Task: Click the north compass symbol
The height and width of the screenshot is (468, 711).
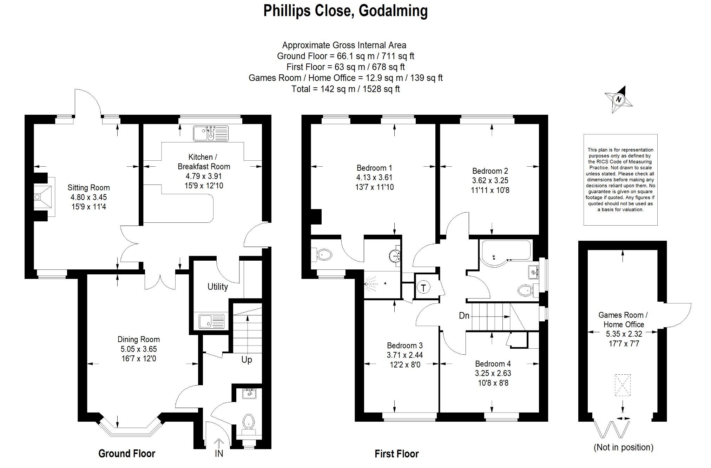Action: [x=619, y=100]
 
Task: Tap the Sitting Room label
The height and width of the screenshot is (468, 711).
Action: [x=88, y=188]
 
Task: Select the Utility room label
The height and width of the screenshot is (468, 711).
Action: [x=218, y=287]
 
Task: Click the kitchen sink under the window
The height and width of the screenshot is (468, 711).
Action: [x=210, y=134]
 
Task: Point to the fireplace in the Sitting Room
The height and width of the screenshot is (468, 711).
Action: [x=44, y=197]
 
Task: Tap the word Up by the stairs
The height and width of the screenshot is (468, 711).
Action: [x=246, y=360]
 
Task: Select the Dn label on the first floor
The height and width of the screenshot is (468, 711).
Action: [x=464, y=316]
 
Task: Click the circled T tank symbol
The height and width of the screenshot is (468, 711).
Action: [x=423, y=288]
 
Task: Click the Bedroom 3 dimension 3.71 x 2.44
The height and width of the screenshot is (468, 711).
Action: [x=405, y=355]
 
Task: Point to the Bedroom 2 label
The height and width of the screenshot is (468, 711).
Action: [x=490, y=171]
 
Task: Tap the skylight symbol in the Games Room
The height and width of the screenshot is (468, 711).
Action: [x=623, y=385]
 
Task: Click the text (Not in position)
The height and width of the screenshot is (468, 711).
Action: [x=623, y=447]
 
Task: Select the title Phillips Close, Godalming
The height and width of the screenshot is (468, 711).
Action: [x=345, y=11]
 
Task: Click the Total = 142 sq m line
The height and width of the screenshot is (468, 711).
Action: [x=345, y=89]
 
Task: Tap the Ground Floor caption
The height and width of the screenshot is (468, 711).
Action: [x=127, y=454]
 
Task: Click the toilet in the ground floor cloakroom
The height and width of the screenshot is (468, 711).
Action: [x=249, y=421]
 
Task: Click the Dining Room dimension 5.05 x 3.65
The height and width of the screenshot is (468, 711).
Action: [x=139, y=349]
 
